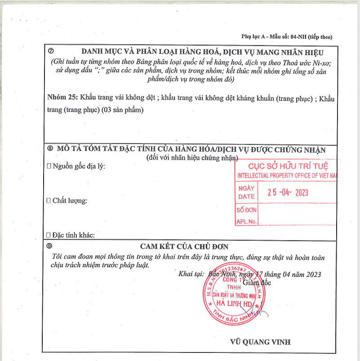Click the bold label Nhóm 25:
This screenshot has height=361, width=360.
pyautogui.click(x=62, y=98)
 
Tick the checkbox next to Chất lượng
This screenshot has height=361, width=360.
pyautogui.click(x=49, y=201)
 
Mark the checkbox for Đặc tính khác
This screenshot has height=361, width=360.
pyautogui.click(x=49, y=235)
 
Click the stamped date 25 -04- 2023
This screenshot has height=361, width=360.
pyautogui.click(x=288, y=192)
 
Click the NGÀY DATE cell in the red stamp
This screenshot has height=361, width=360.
pyautogui.click(x=246, y=192)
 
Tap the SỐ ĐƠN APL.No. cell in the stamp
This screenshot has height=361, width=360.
pyautogui.click(x=246, y=215)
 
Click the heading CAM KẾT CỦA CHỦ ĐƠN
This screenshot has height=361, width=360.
pyautogui.click(x=184, y=246)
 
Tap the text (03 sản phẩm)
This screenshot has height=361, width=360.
pyautogui.click(x=124, y=109)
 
